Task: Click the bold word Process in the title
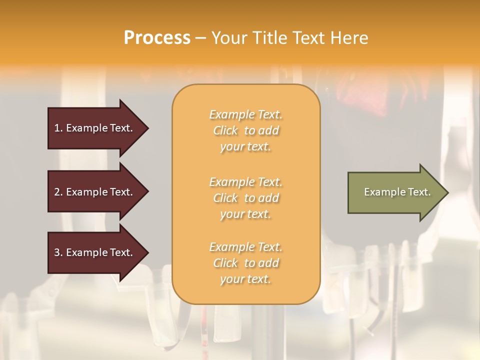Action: point(157,38)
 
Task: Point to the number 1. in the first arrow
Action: point(58,128)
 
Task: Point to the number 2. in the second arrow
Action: point(58,192)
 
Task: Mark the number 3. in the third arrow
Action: point(58,252)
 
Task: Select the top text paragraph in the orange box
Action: point(245,130)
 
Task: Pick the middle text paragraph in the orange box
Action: point(245,198)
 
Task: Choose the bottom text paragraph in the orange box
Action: point(245,263)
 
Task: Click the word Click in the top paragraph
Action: point(225,130)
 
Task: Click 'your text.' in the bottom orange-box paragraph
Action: point(245,279)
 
